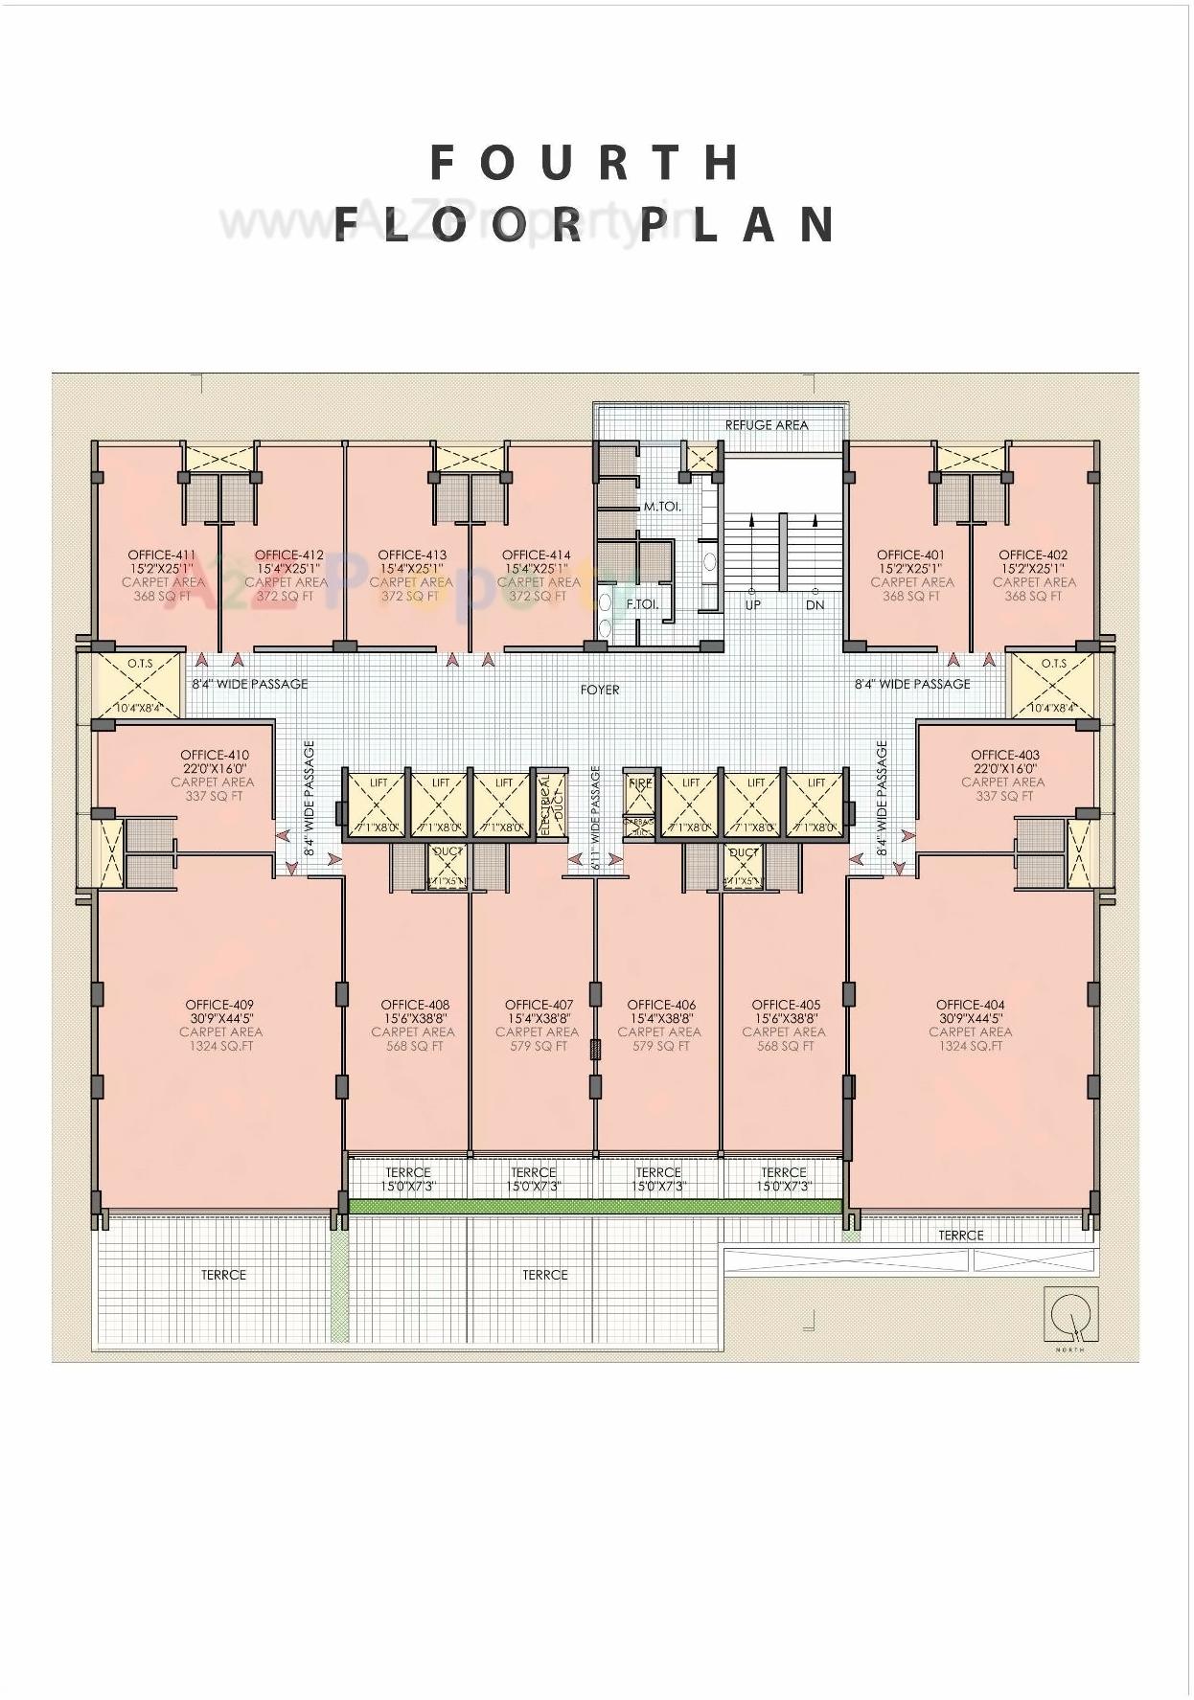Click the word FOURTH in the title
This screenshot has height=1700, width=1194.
(585, 163)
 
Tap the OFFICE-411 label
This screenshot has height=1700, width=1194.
(161, 555)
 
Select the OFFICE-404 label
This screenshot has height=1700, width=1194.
(970, 1005)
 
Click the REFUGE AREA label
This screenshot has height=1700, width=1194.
(766, 425)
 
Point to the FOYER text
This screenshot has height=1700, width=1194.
(600, 690)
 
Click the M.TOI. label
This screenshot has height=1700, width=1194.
(662, 507)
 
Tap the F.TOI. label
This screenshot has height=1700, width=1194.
(642, 605)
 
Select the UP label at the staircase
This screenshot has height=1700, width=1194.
(752, 605)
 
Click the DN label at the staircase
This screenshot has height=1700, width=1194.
(815, 605)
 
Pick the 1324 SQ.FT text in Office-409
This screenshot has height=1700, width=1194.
(220, 1047)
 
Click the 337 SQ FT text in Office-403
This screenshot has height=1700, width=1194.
(1003, 796)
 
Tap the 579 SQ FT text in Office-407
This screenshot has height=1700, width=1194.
(538, 1047)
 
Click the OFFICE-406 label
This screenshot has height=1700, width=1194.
(661, 1005)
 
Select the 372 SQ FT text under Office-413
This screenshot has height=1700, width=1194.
(410, 597)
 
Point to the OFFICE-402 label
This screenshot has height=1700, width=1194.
(1033, 555)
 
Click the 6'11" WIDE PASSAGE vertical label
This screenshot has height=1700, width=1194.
(596, 817)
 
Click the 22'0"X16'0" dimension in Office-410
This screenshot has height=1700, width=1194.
(215, 768)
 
